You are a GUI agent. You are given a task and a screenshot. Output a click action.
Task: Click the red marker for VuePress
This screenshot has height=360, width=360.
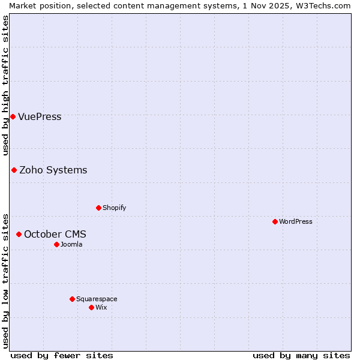coord(13,116)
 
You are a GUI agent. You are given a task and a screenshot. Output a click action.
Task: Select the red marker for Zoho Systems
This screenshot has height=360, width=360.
coord(14,170)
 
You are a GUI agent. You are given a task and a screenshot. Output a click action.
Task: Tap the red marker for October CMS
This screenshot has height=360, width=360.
coord(19,234)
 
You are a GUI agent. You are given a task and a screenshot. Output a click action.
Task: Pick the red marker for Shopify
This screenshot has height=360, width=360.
coord(98,208)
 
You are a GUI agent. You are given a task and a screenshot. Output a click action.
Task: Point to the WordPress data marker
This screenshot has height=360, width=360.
coord(275,221)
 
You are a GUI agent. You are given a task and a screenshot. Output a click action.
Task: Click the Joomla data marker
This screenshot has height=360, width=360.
coord(56,244)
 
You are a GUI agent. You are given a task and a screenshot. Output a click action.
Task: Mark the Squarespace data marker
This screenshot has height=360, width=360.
coord(72,299)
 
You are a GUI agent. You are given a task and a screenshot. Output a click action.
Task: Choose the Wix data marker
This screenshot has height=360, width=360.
coord(91,307)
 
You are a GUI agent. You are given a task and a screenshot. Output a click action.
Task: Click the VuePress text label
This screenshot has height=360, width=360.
coord(40,116)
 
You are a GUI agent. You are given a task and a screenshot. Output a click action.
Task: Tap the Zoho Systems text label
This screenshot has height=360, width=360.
coord(53,170)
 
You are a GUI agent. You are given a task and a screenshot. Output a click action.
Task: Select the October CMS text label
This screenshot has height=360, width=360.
coord(55,234)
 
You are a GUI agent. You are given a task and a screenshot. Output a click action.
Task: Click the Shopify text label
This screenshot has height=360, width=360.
coord(114,208)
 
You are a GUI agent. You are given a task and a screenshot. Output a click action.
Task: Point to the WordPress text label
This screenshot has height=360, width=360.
coord(296,221)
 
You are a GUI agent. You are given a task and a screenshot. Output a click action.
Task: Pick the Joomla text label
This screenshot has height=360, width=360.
coord(71,244)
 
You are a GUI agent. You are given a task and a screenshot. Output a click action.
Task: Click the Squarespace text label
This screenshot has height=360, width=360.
coord(97,299)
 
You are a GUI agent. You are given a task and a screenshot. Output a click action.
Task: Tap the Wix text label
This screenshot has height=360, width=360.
coord(101,307)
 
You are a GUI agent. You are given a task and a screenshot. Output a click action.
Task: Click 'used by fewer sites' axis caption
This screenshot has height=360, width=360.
coord(62,355)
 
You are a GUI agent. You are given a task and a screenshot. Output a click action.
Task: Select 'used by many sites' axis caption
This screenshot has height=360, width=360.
coord(301,355)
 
